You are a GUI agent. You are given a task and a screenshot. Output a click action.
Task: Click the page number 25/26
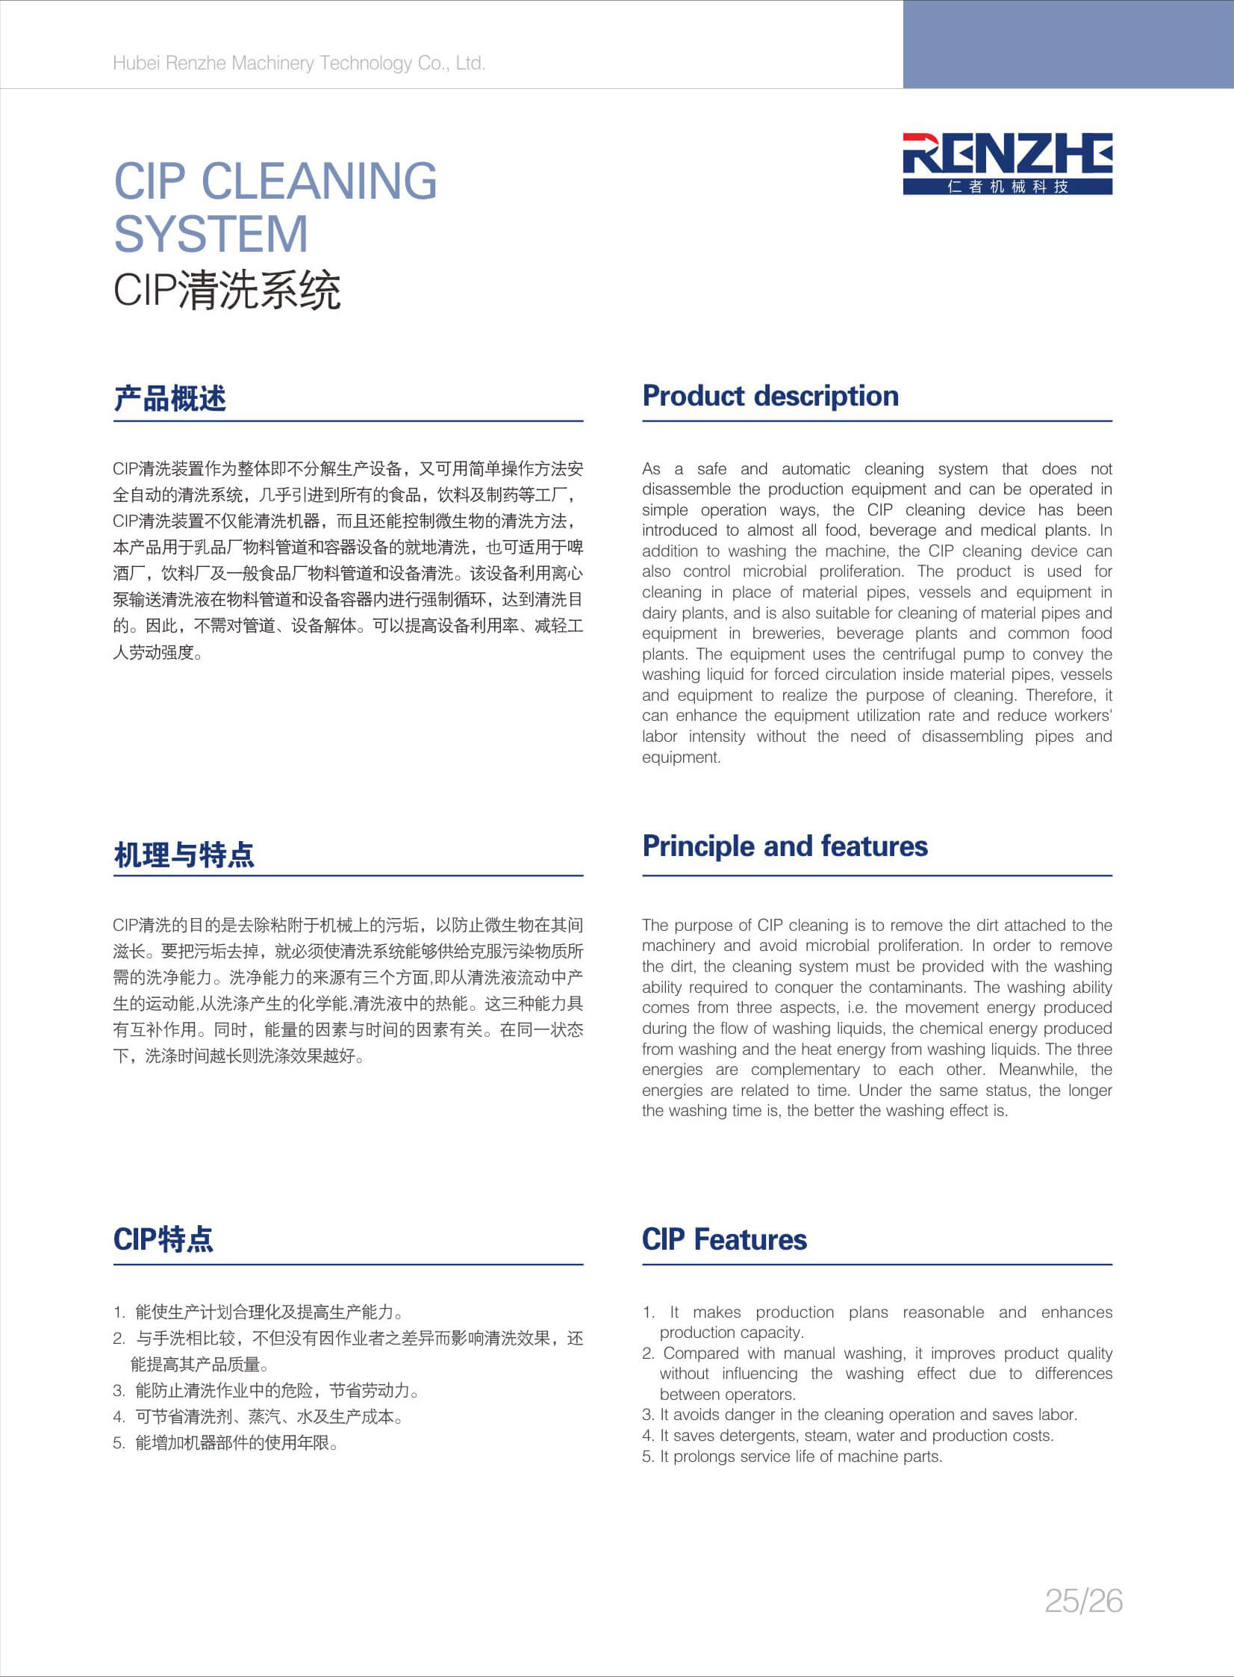(1083, 1601)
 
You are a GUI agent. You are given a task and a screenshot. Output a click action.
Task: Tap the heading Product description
(770, 396)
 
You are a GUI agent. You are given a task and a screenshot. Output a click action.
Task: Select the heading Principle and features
(785, 846)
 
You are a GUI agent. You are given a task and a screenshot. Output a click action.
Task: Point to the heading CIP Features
(724, 1239)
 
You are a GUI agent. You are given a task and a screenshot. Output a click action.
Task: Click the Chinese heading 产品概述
(169, 398)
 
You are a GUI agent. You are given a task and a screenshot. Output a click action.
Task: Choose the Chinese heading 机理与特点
(184, 855)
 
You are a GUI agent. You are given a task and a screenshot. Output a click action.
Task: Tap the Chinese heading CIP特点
(163, 1239)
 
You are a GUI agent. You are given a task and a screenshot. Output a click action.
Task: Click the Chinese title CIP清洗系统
(226, 290)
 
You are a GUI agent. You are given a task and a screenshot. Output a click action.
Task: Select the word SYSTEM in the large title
(211, 234)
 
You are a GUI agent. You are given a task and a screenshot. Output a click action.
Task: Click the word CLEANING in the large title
(319, 181)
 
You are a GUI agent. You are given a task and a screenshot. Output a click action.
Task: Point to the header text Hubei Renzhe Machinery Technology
(299, 63)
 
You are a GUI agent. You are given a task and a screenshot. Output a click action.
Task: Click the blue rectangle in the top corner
(1068, 44)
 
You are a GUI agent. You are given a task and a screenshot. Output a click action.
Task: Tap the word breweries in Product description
(788, 633)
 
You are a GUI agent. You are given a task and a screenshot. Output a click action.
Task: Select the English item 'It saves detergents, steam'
(856, 1436)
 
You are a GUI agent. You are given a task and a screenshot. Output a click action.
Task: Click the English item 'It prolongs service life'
(800, 1457)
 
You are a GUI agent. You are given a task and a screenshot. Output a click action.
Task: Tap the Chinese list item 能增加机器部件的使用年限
(236, 1443)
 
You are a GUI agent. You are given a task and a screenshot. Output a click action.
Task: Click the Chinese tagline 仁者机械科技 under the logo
(1007, 187)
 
